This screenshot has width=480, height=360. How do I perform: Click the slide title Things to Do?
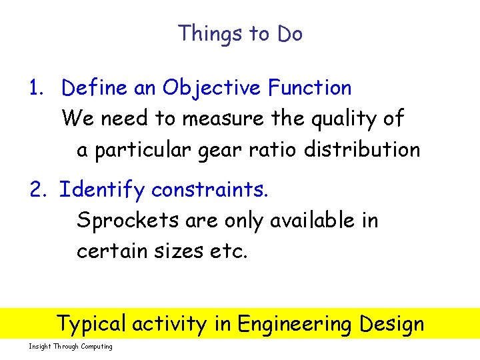click(x=240, y=33)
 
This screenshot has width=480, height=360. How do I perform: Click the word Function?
click(x=310, y=88)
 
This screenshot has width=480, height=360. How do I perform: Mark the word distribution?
click(x=362, y=150)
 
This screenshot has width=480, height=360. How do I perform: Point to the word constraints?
click(x=210, y=191)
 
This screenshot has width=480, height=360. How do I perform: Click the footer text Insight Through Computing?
click(x=71, y=347)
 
